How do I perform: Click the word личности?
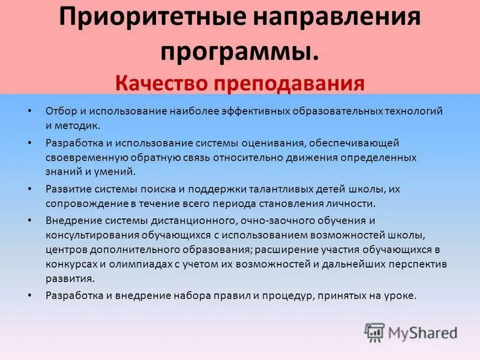[353, 204]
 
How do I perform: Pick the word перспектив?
[418, 264]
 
